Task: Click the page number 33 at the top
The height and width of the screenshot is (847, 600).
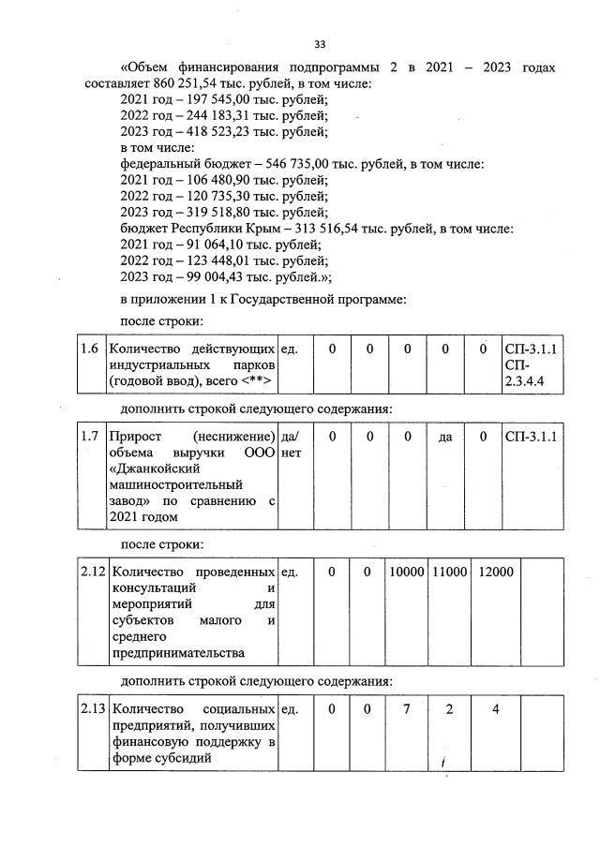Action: [x=320, y=44]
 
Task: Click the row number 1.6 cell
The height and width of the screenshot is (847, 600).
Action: [x=90, y=349]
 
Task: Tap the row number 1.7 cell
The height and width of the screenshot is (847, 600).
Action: [x=90, y=436]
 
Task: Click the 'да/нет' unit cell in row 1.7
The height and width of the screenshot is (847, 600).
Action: [x=291, y=443]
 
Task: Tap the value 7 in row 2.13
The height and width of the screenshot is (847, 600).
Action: [x=407, y=709]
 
